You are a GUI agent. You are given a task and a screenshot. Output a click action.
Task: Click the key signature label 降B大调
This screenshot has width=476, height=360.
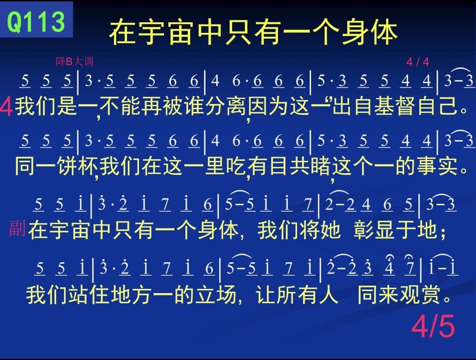(x=74, y=61)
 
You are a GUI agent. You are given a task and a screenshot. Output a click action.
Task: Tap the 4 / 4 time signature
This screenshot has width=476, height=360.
(x=418, y=62)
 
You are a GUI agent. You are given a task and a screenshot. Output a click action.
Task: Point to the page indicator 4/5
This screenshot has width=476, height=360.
(x=433, y=326)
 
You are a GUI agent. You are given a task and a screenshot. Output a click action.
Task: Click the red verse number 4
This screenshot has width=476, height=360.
(x=6, y=107)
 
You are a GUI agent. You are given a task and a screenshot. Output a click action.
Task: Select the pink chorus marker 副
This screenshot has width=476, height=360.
(x=17, y=228)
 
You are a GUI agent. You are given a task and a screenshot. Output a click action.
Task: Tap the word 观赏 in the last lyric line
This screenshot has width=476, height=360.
(x=420, y=294)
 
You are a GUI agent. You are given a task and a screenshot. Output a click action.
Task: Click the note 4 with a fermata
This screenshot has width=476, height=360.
(x=389, y=267)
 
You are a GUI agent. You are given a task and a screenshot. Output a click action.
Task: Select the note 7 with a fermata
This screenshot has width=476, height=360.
(x=410, y=267)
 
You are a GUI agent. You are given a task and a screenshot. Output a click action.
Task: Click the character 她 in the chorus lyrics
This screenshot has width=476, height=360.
(x=331, y=229)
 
